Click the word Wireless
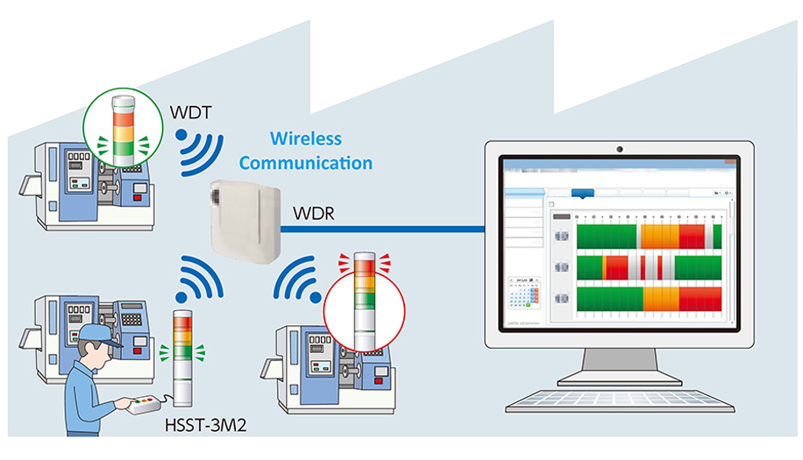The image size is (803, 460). (305, 138)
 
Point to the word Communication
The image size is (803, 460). (305, 163)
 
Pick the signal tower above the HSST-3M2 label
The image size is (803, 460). (183, 355)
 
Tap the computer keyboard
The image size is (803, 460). (620, 401)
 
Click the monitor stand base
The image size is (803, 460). (620, 376)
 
